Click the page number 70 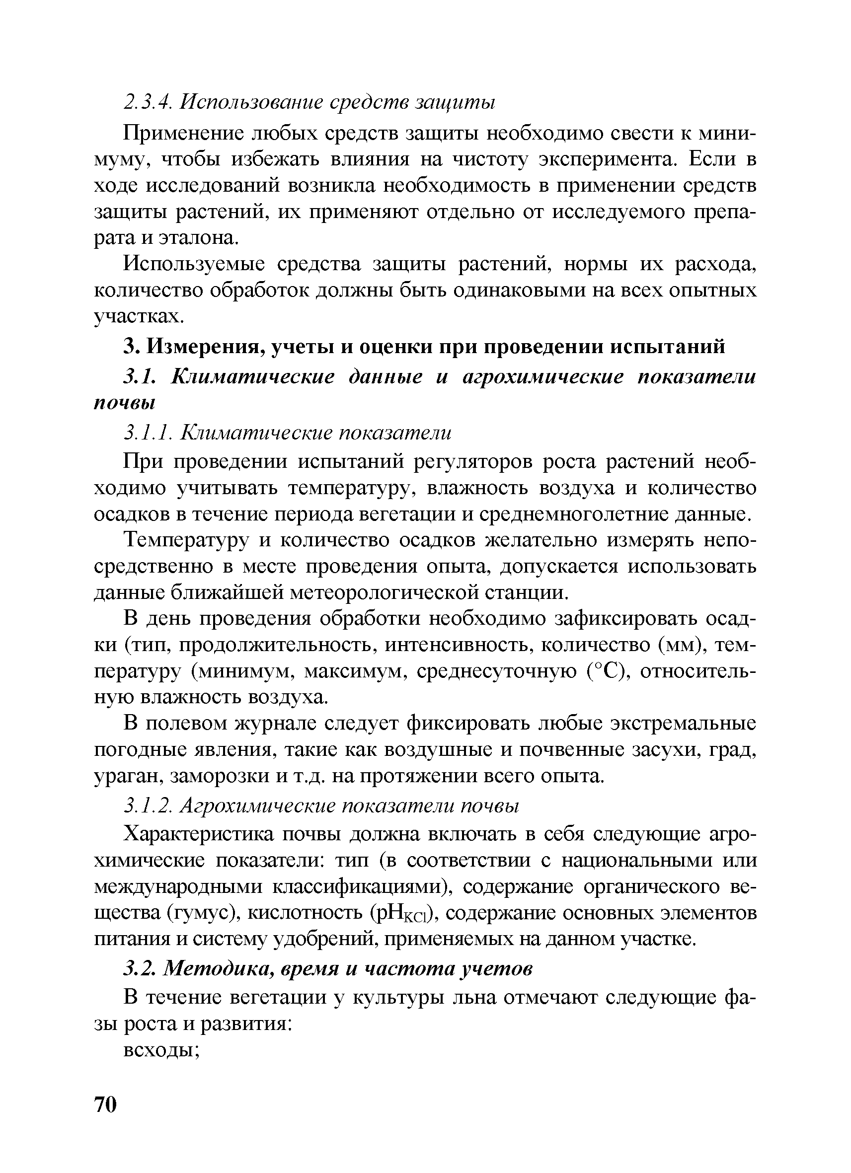click(x=105, y=1105)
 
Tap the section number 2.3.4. click(x=148, y=102)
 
